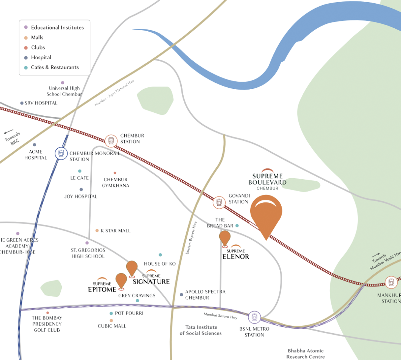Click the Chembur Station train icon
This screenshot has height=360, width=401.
point(111,141)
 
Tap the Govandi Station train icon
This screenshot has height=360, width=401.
point(219,202)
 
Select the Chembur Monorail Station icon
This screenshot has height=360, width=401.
point(61,153)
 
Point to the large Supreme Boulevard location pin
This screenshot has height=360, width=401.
point(266,214)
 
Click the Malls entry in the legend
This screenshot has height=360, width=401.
point(37,38)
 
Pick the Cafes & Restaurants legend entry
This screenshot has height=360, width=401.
point(55,67)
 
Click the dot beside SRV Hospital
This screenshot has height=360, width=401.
point(22,103)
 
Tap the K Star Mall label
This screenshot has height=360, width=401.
point(115,231)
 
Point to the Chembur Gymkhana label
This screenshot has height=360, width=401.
point(115,183)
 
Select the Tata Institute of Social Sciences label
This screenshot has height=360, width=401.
point(200,330)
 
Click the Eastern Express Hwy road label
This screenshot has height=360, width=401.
point(191,238)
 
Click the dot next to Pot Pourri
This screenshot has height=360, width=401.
point(111,314)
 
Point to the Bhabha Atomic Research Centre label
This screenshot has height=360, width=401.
point(305,353)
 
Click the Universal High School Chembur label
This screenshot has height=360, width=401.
point(64,91)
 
